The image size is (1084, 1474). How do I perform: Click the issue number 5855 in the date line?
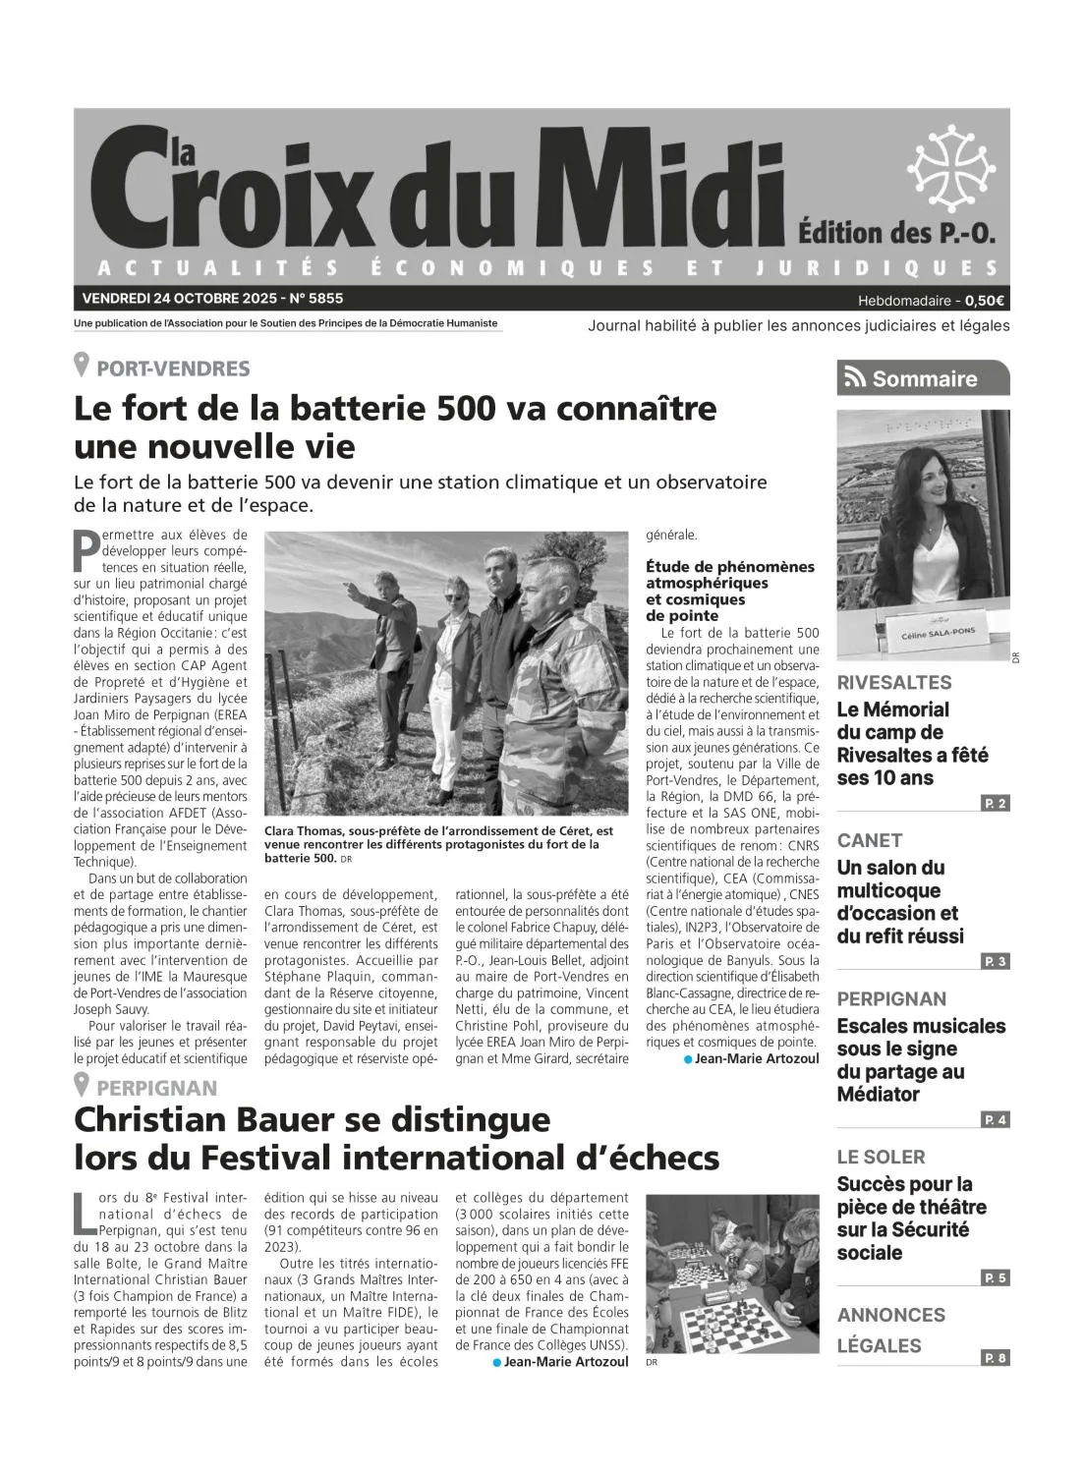tap(324, 298)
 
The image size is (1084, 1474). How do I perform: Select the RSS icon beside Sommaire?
tap(855, 378)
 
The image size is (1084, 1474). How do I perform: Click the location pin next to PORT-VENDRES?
tap(83, 367)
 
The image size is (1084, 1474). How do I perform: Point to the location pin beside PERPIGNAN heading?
tap(83, 1086)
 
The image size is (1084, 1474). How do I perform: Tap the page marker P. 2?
tap(995, 804)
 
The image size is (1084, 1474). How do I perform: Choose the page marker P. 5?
tap(995, 1278)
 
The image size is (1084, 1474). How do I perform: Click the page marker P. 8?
tap(995, 1358)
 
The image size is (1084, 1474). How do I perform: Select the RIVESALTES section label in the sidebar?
tap(893, 682)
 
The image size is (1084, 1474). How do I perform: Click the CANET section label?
tap(869, 840)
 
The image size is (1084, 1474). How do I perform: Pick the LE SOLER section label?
tap(881, 1157)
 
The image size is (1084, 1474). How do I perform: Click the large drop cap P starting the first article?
tap(86, 550)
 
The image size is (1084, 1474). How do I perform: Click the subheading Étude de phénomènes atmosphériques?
tap(729, 574)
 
